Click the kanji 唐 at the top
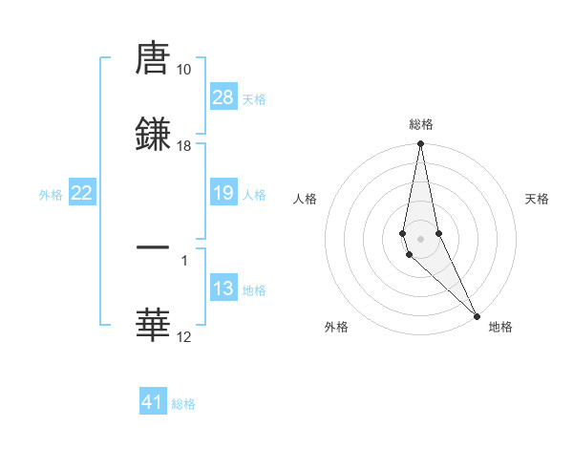click(x=153, y=60)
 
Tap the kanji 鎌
click(x=153, y=135)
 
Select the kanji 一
click(x=153, y=249)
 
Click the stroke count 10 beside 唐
click(x=184, y=70)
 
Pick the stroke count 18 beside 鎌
click(x=184, y=146)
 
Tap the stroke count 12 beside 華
click(x=184, y=336)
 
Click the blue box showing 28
click(x=223, y=97)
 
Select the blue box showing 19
click(x=223, y=193)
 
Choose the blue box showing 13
click(x=223, y=289)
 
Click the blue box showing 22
click(x=82, y=193)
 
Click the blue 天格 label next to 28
click(x=254, y=98)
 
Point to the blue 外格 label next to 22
click(x=51, y=194)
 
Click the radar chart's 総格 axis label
click(x=420, y=124)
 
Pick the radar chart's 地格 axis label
click(x=500, y=327)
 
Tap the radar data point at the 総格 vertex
click(x=420, y=144)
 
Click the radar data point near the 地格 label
click(x=477, y=315)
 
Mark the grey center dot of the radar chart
click(x=420, y=239)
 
